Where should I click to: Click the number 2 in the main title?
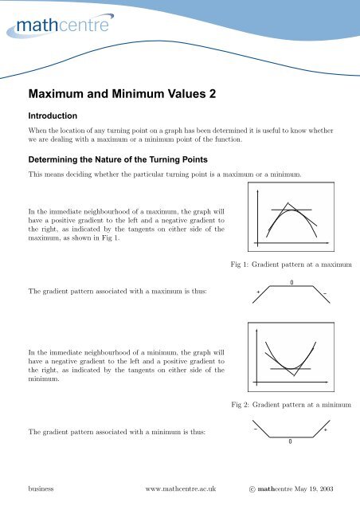tap(210, 92)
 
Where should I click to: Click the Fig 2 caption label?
tap(240, 406)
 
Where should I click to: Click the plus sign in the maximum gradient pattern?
tap(258, 293)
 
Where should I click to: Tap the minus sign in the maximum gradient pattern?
tap(326, 293)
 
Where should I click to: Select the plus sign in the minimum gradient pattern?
tap(326, 430)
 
